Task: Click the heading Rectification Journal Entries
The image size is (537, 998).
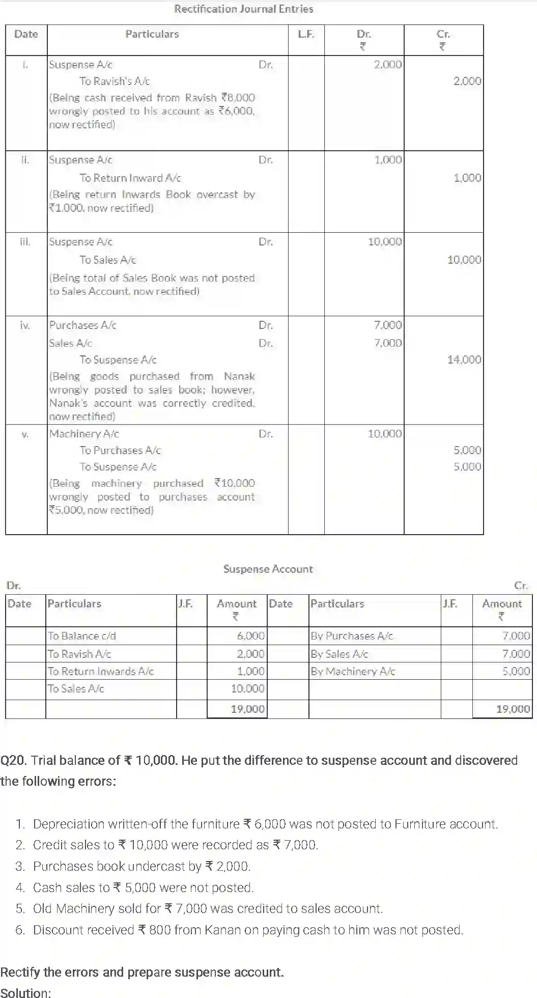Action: [x=243, y=9]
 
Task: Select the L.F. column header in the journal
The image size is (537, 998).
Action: [x=306, y=34]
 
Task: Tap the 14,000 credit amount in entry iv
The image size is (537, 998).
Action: [x=464, y=359]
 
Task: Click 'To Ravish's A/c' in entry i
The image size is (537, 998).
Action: [x=115, y=81]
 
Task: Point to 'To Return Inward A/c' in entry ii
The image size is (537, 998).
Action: [x=130, y=178]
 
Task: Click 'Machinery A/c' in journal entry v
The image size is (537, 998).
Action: [x=84, y=434]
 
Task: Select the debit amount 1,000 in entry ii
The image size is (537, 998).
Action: [x=388, y=160]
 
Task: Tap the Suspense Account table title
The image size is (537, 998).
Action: [x=268, y=569]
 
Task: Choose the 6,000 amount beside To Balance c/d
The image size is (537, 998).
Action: [x=250, y=636]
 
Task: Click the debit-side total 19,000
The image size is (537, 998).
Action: [x=247, y=709]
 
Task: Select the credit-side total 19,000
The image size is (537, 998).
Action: [x=513, y=709]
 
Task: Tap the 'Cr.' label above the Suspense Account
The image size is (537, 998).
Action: [x=521, y=586]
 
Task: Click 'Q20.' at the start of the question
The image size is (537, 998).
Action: [x=13, y=760]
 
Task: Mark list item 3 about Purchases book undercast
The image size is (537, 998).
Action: [x=142, y=866]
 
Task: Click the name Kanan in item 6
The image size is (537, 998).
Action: [x=222, y=930]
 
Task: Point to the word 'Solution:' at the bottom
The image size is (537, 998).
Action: [x=25, y=992]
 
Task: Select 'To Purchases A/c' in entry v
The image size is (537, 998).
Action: [x=120, y=450]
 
